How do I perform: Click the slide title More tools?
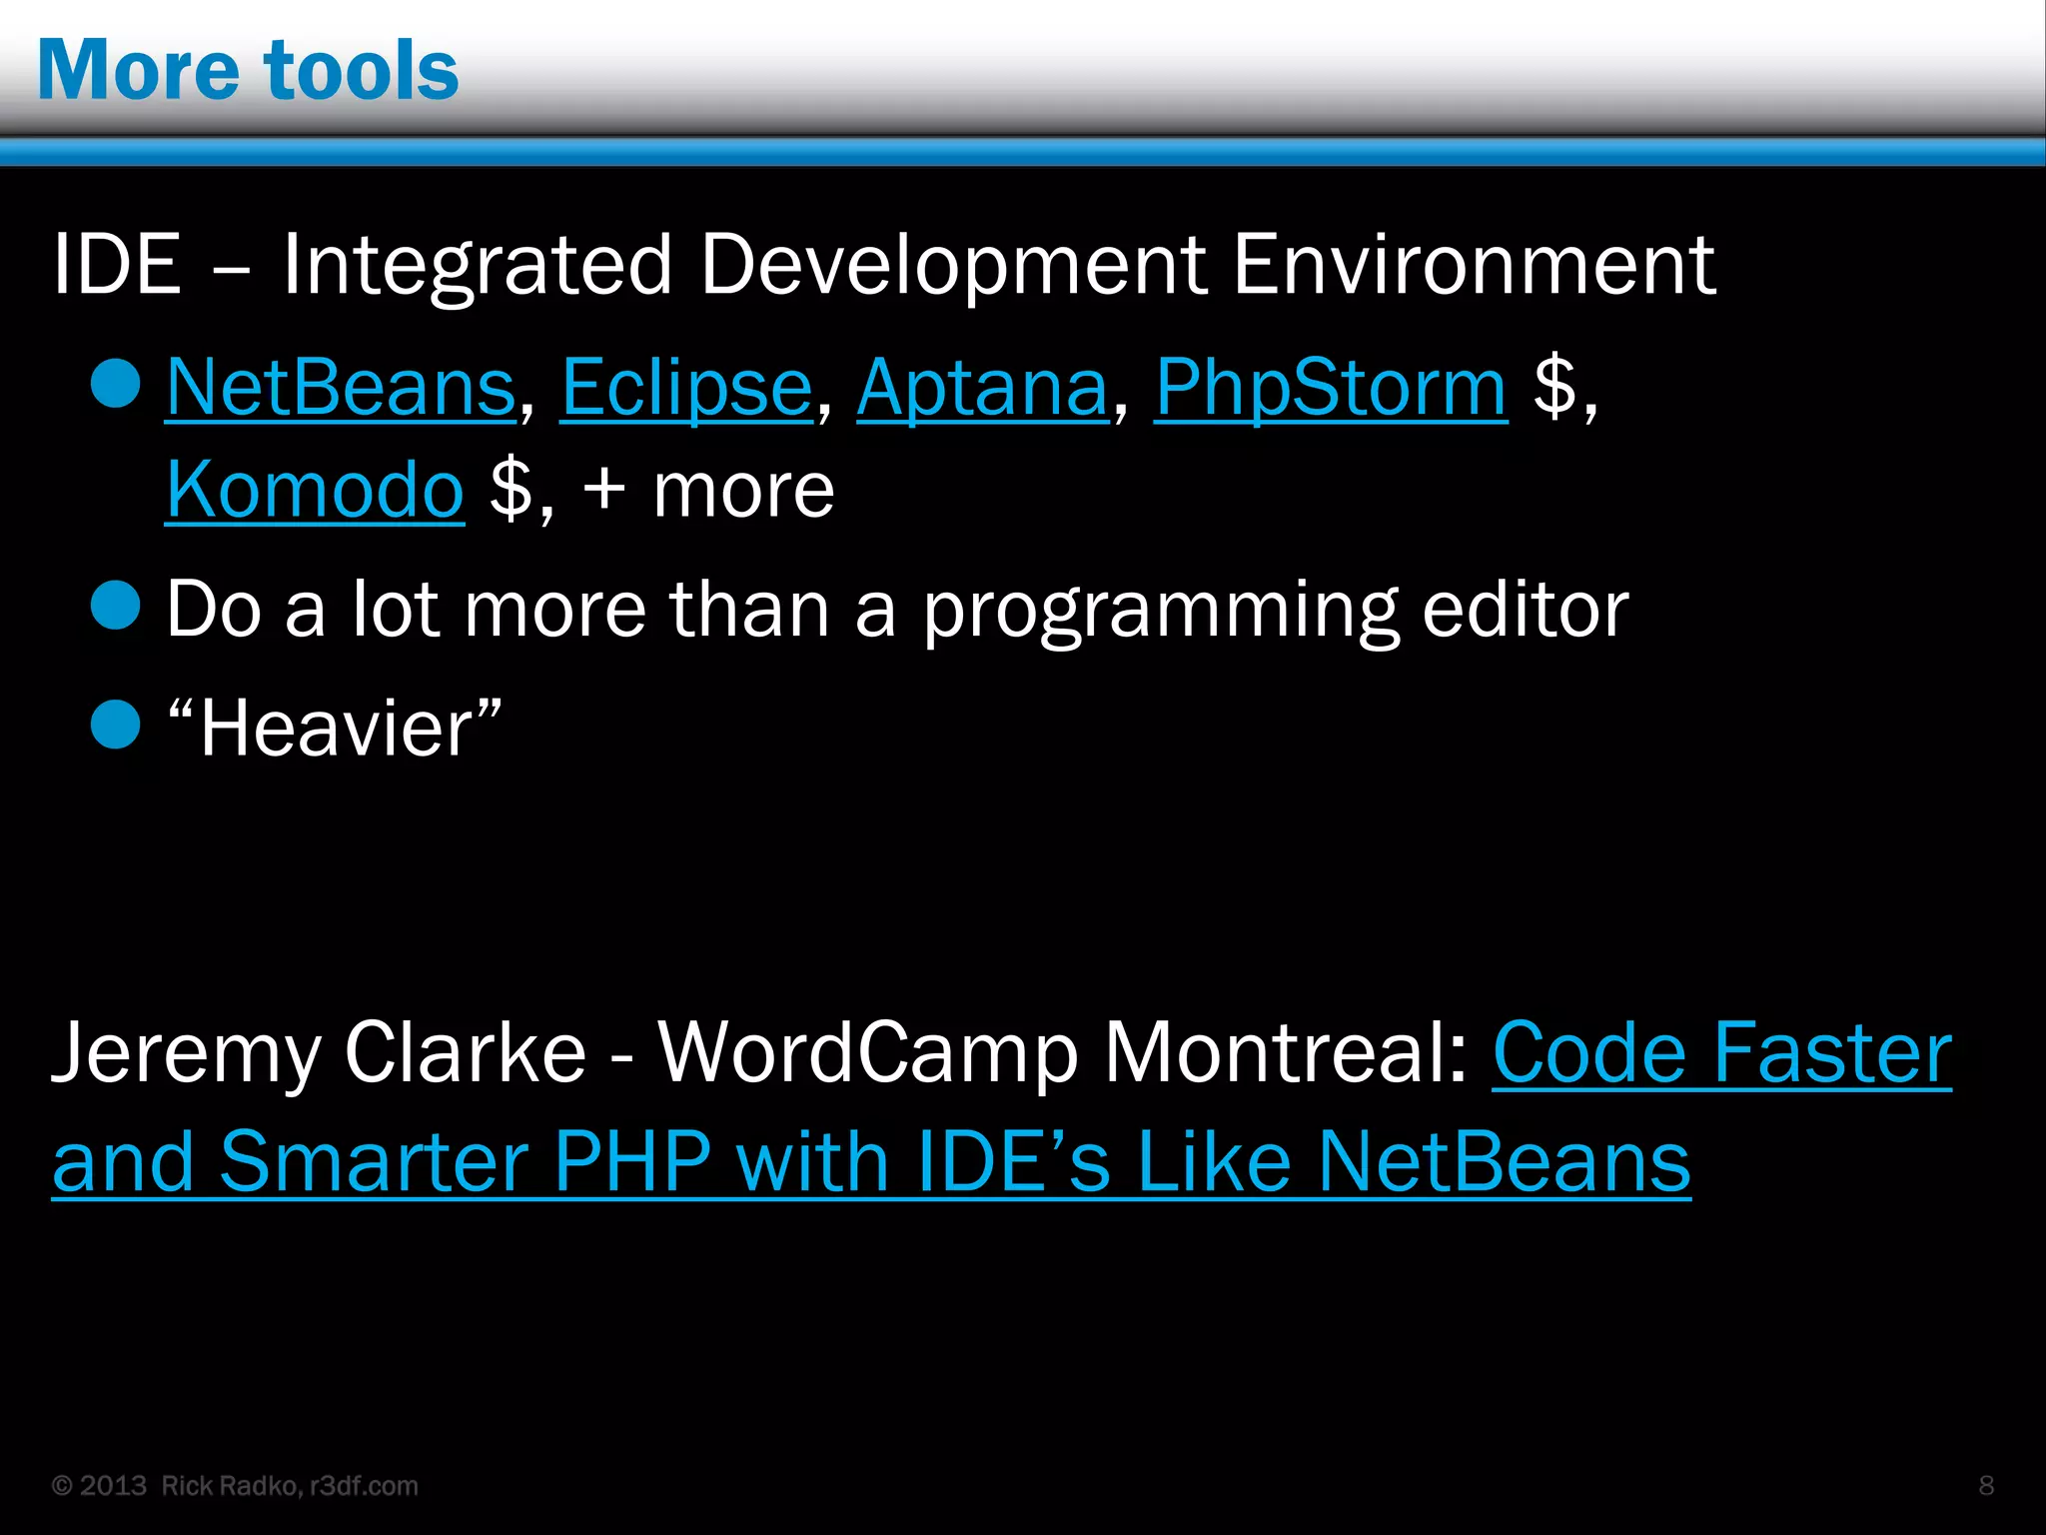coord(248,70)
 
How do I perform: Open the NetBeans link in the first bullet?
coord(341,387)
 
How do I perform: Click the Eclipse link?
coord(686,387)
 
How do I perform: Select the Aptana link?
coord(983,387)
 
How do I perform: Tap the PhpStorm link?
coord(1331,387)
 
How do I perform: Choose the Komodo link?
coord(315,490)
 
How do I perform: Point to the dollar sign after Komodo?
coord(511,490)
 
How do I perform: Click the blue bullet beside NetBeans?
coord(115,384)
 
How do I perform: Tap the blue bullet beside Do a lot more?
coord(115,606)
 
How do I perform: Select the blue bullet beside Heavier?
coord(115,725)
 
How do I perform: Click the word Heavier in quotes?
coord(335,728)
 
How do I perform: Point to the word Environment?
coord(1475,265)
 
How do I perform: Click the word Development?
coord(953,265)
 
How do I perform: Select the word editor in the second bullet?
coord(1525,609)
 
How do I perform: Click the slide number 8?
coord(1986,1485)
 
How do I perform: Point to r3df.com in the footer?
coord(364,1486)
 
